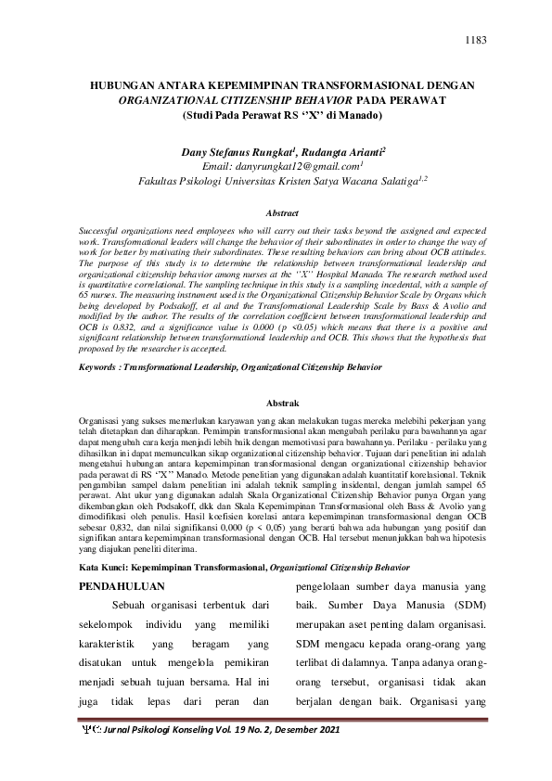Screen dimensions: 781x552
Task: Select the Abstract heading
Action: pyautogui.click(x=281, y=212)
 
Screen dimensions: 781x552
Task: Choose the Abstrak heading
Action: pyautogui.click(x=281, y=403)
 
